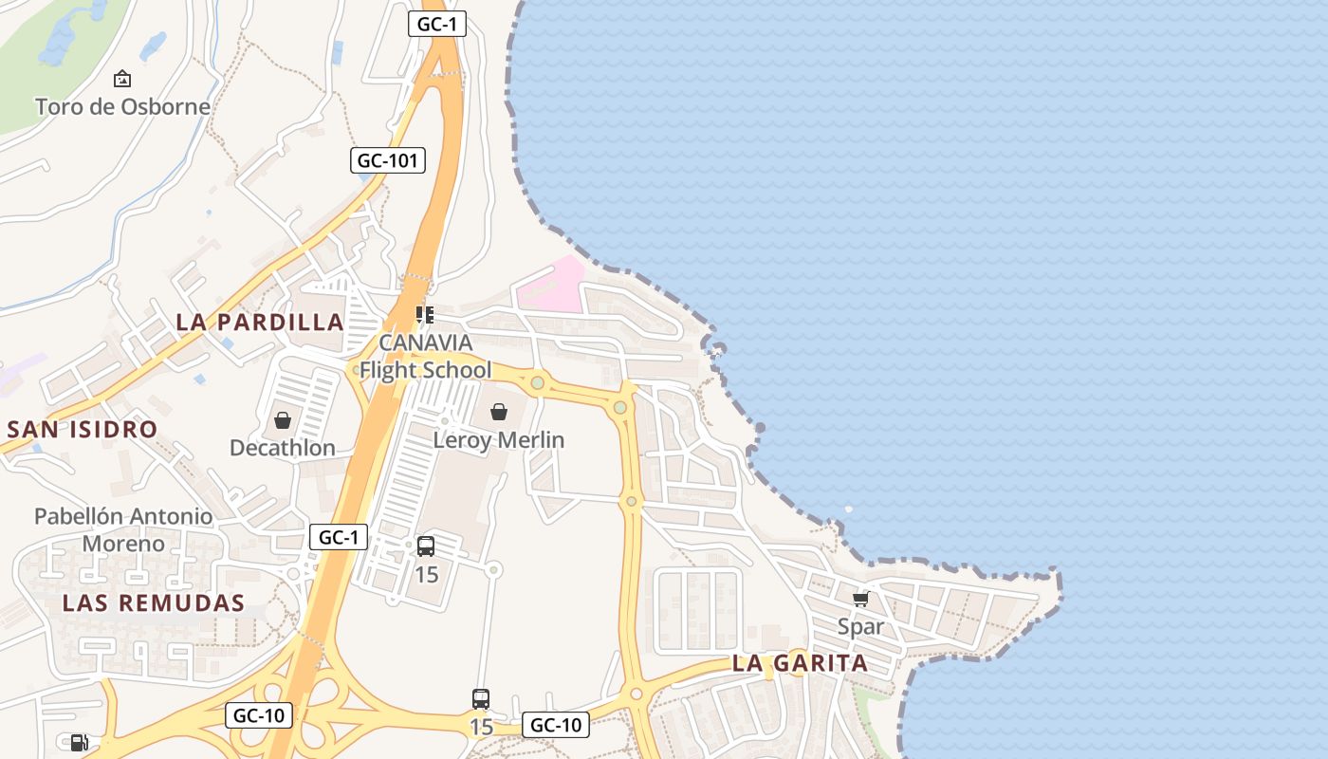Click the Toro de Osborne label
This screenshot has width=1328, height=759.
(x=122, y=106)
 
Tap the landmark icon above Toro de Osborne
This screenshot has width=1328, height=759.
(x=122, y=79)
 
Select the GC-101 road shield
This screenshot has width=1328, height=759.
(x=387, y=160)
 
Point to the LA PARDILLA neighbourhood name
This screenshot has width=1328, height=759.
(x=260, y=322)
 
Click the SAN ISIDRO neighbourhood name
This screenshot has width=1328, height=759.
(x=83, y=429)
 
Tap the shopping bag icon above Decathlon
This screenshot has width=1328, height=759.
(x=283, y=420)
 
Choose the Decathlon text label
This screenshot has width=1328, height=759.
(x=283, y=448)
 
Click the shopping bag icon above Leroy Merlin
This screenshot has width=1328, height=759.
(x=499, y=412)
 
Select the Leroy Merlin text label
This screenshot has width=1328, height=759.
(x=499, y=440)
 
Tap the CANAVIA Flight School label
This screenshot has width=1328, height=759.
(x=425, y=356)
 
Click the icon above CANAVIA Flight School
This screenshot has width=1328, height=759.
(x=425, y=314)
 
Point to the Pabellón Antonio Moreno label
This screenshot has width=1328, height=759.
(x=123, y=529)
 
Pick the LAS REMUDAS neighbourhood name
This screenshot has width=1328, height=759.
(x=154, y=602)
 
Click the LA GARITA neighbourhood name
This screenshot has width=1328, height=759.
(x=801, y=663)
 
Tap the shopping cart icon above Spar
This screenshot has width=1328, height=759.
(x=860, y=599)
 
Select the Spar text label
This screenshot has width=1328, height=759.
(x=860, y=626)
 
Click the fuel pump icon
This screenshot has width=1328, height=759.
(x=80, y=743)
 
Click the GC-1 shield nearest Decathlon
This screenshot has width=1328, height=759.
(x=339, y=537)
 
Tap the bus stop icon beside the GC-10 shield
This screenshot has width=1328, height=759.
(x=481, y=699)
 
